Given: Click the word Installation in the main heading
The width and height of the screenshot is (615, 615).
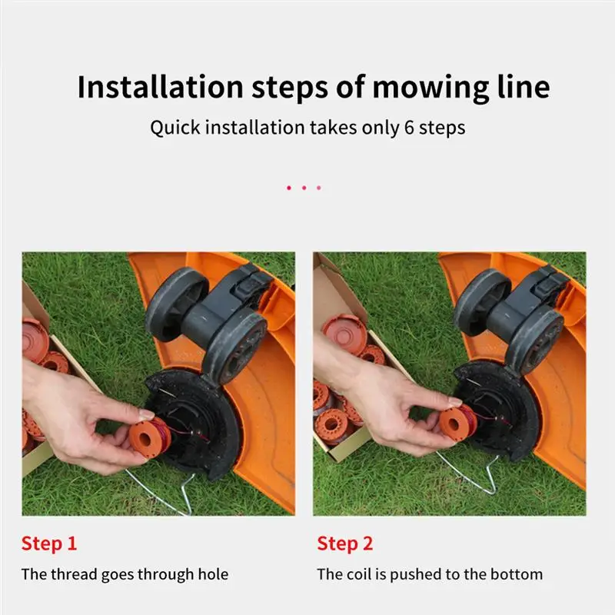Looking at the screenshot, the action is tap(160, 87).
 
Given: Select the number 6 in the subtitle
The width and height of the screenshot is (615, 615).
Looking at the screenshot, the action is tap(409, 128).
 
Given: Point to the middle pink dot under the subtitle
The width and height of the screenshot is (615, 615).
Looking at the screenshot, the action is tap(304, 188).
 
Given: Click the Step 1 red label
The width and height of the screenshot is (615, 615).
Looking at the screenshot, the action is tap(49, 544).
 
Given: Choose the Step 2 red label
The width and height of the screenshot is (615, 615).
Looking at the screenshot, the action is tap(344, 544).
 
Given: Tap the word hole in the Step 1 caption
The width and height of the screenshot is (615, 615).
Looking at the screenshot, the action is tap(213, 574).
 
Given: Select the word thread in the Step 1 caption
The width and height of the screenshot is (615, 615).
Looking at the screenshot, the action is tap(74, 574).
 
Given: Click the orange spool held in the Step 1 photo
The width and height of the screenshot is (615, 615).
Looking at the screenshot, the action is tap(149, 437).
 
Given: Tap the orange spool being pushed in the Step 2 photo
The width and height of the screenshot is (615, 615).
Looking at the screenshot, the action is tap(457, 421).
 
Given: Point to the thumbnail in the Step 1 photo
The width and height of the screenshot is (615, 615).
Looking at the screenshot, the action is tap(146, 414).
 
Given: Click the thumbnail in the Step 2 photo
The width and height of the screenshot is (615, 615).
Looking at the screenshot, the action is tap(455, 401).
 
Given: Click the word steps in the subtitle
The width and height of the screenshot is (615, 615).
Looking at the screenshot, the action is tap(442, 128).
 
